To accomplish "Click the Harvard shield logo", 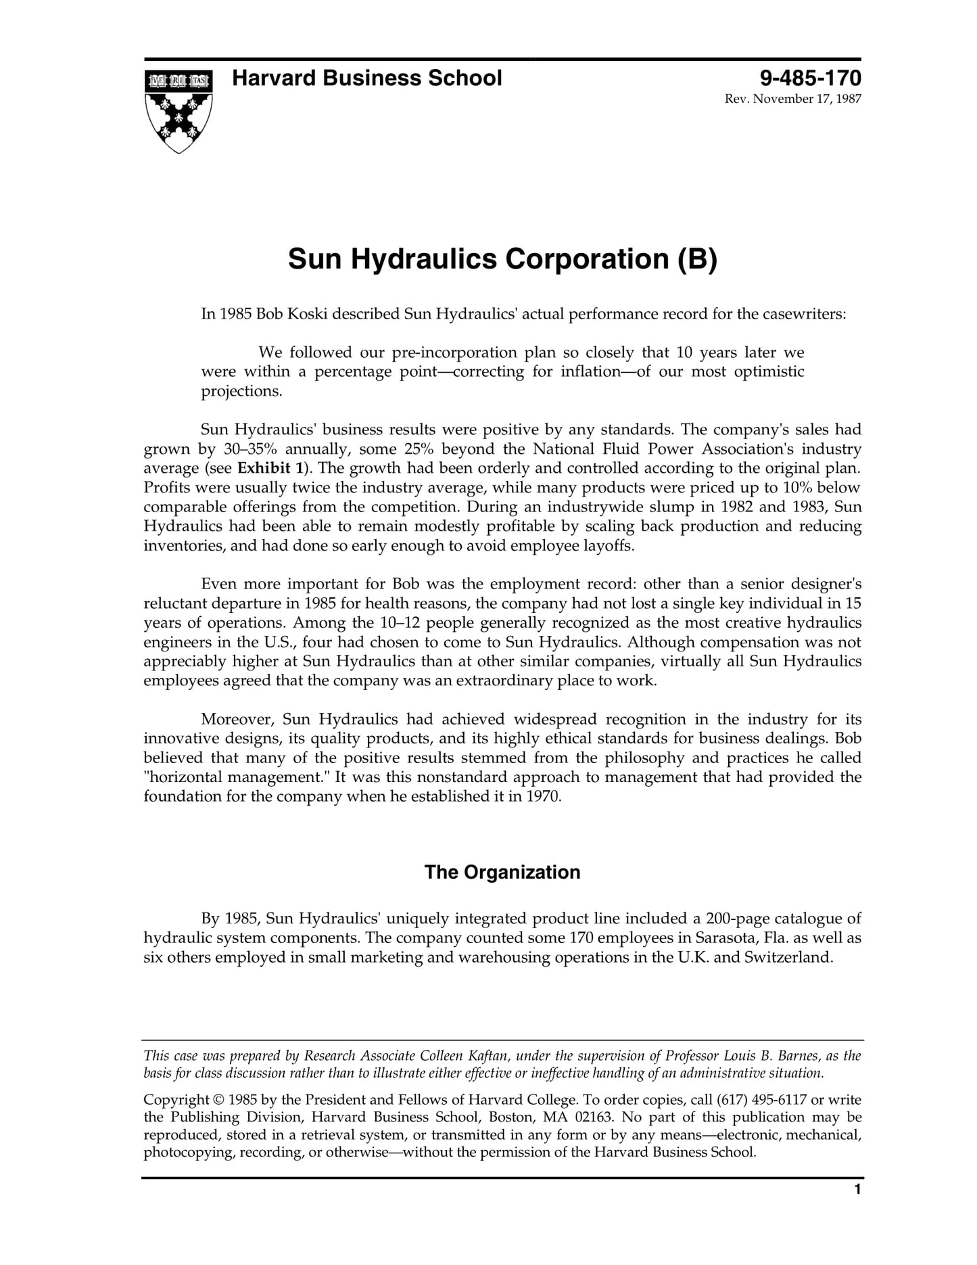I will [x=178, y=111].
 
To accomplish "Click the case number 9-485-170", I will [x=810, y=78].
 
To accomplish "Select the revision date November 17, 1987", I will [x=803, y=99].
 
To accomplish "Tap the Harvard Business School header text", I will [x=367, y=78].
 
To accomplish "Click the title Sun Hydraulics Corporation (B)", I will [x=502, y=260].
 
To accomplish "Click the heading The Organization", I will [x=502, y=873].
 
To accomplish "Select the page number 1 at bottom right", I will [x=857, y=1209].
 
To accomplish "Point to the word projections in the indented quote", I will [x=240, y=392].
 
